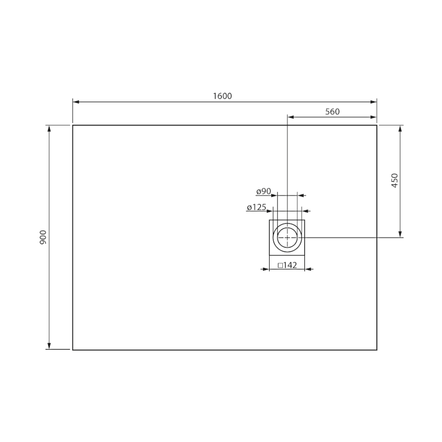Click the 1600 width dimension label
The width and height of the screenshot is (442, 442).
pyautogui.click(x=222, y=96)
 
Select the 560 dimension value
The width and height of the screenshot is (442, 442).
pyautogui.click(x=332, y=112)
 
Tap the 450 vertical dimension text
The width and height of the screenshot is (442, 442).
pyautogui.click(x=394, y=181)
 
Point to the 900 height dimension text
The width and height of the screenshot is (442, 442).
pyautogui.click(x=43, y=237)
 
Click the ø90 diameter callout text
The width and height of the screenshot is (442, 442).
pyautogui.click(x=264, y=191)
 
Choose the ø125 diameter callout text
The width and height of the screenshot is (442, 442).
pyautogui.click(x=257, y=207)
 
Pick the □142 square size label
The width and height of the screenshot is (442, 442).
pyautogui.click(x=287, y=265)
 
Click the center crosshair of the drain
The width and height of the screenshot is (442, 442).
pyautogui.click(x=287, y=237)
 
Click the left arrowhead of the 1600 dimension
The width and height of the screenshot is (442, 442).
pyautogui.click(x=76, y=102)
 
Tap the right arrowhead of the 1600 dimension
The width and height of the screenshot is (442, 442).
pyautogui.click(x=373, y=102)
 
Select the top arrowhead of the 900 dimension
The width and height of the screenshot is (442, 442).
pyautogui.click(x=50, y=129)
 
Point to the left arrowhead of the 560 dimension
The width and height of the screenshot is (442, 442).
pyautogui.click(x=291, y=117)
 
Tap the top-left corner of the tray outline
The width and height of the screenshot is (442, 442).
pyautogui.click(x=73, y=125)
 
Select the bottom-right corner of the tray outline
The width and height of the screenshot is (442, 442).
pyautogui.click(x=377, y=350)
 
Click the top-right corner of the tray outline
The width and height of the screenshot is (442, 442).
pyautogui.click(x=377, y=125)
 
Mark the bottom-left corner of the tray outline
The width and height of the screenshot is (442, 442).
pyautogui.click(x=73, y=350)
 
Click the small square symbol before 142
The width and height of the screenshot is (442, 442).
pyautogui.click(x=280, y=265)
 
